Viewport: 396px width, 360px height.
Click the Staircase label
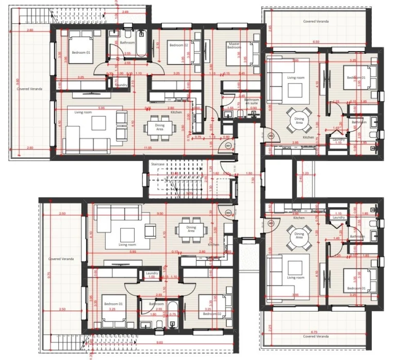pyautogui.click(x=157, y=164)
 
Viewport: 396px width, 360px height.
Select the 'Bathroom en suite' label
pyautogui.click(x=252, y=101)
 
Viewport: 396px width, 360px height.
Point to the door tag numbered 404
pyautogui.click(x=228, y=212)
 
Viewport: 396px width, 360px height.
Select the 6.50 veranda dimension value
pyautogui.click(x=316, y=41)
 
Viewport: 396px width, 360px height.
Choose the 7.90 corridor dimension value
pyautogui.click(x=253, y=179)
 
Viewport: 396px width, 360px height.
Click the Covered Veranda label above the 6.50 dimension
pyautogui.click(x=316, y=21)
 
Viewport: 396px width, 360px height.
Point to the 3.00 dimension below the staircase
pyautogui.click(x=175, y=194)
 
